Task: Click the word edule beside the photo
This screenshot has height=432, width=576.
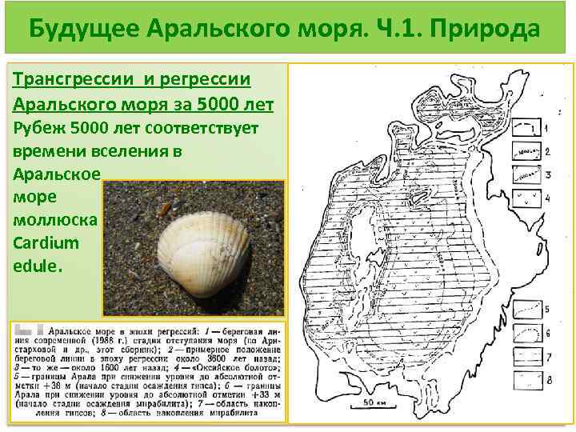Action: coord(36,266)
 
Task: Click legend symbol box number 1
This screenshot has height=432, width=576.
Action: coord(525,126)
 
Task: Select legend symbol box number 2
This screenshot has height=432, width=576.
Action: coord(525,150)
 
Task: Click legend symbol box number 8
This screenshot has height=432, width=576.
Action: coord(525,376)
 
